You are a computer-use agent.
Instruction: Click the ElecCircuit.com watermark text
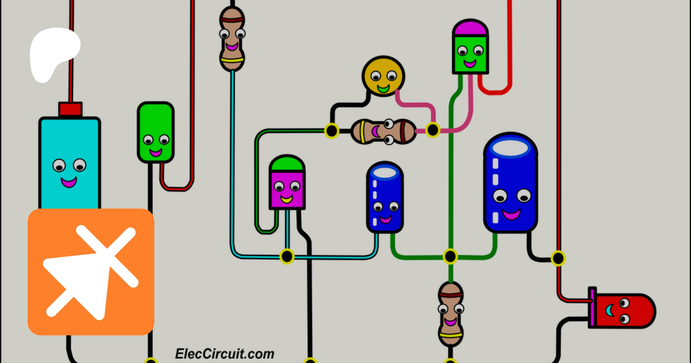[x=225, y=354]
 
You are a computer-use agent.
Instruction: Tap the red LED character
[x=622, y=311]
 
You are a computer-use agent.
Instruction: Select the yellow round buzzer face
[x=383, y=76]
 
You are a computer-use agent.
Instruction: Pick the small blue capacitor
[x=385, y=197]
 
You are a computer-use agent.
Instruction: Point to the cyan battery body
[x=69, y=161]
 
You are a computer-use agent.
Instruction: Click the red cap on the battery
[x=70, y=109]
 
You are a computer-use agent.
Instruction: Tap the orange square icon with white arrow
[x=91, y=272]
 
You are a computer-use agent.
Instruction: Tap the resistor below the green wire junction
[x=451, y=314]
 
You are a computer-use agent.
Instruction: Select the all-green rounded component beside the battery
[x=156, y=132]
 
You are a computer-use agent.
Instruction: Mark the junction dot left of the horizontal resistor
[x=331, y=131]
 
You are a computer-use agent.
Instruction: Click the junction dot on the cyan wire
[x=287, y=256]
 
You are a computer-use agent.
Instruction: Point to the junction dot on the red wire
[x=558, y=258]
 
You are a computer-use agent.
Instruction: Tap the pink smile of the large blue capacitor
[x=511, y=214]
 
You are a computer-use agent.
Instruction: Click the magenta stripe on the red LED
[x=592, y=307]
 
